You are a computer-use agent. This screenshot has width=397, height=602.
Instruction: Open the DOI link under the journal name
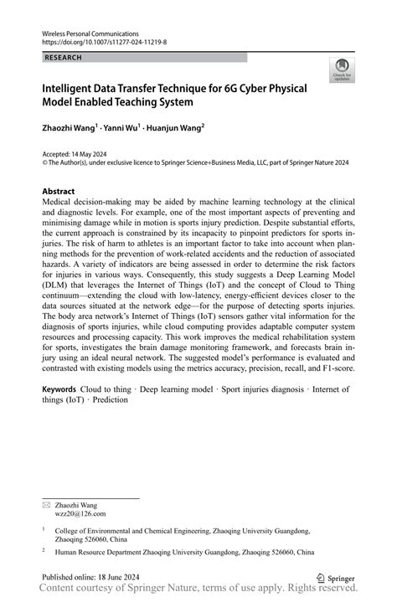(104, 40)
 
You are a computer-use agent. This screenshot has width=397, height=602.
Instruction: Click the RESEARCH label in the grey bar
(64, 58)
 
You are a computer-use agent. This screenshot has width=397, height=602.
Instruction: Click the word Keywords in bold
(60, 390)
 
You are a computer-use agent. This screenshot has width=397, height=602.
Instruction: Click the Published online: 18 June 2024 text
(91, 577)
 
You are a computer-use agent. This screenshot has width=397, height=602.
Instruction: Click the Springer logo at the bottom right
(336, 577)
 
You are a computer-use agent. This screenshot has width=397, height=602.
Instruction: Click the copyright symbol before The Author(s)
(44, 164)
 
